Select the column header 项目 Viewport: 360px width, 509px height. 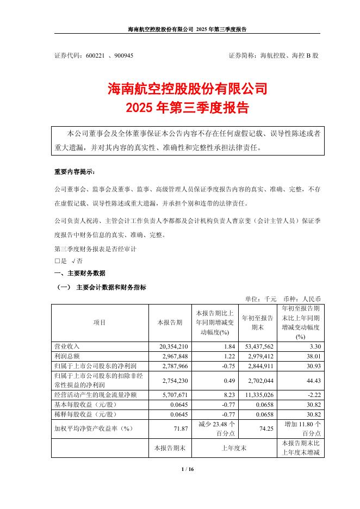coord(100,322)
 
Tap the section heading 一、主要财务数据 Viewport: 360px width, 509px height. coord(80,273)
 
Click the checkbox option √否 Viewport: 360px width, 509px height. coord(78,261)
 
